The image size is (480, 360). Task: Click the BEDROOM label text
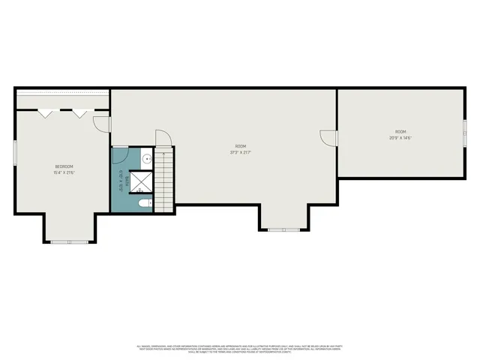pos(64,166)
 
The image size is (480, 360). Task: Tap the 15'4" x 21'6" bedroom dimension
pos(64,172)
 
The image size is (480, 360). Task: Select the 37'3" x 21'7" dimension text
pos(240,152)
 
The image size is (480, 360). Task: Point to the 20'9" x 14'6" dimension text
pos(400,138)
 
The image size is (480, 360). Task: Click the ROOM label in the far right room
pos(400,132)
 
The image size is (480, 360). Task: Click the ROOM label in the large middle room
pos(240,146)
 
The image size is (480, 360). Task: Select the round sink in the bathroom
pos(148,159)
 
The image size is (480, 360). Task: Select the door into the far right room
pos(328,138)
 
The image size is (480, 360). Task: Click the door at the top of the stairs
pos(163,139)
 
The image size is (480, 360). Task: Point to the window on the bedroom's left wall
pos(16,151)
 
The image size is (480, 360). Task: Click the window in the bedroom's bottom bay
pos(70,241)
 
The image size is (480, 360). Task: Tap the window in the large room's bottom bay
pos(284,229)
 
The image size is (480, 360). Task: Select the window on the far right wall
pos(464,131)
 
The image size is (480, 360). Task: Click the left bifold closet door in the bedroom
pos(46,113)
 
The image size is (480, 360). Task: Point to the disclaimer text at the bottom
pos(240,348)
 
